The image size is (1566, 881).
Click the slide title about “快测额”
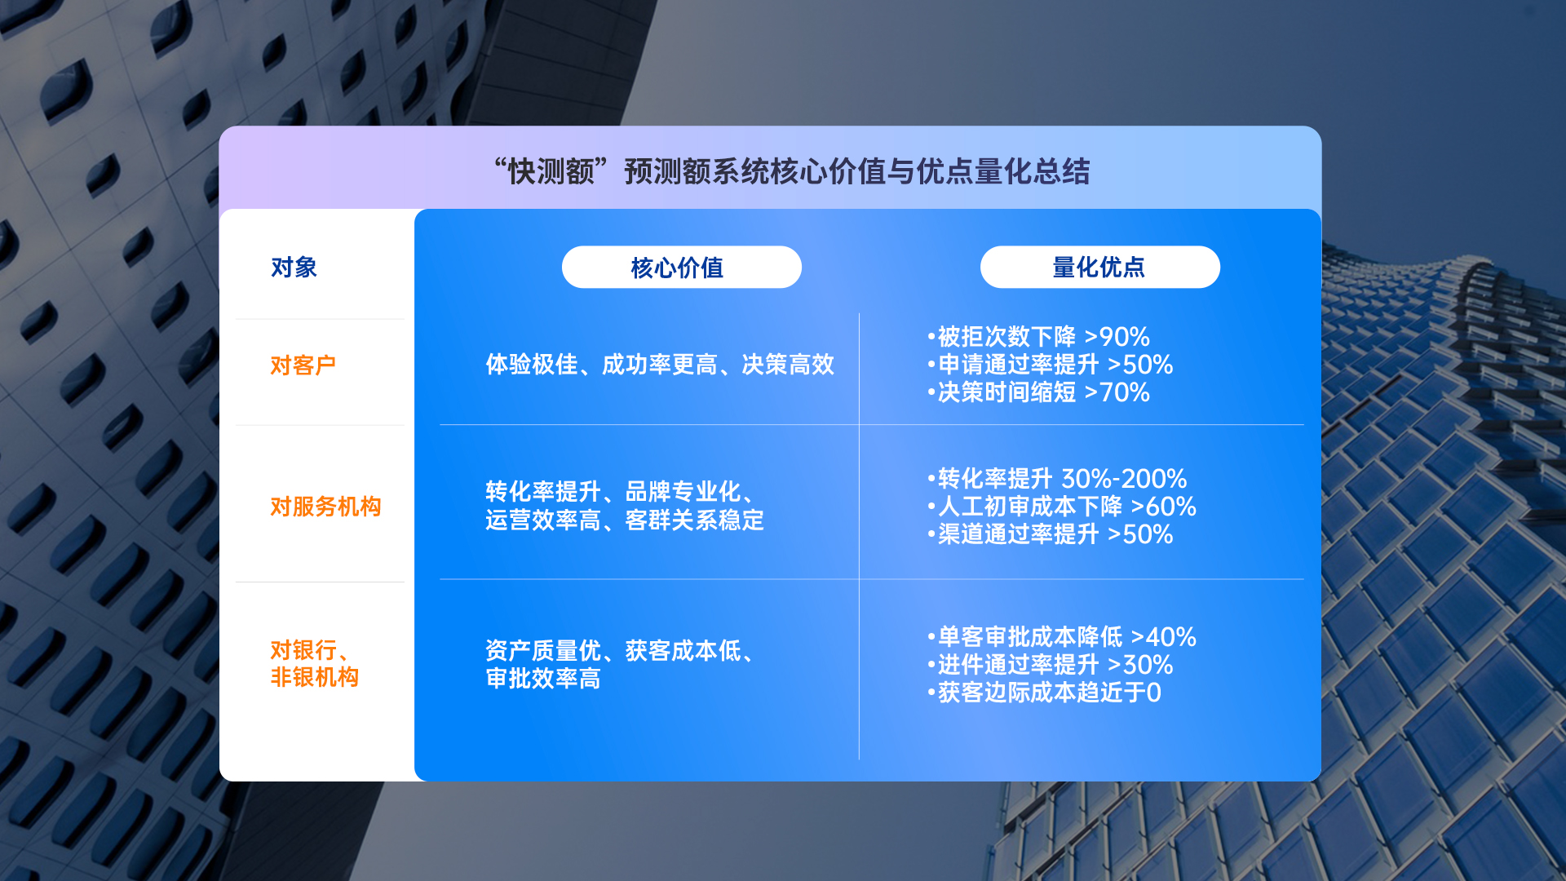[792, 172]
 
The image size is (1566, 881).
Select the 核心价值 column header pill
[682, 267]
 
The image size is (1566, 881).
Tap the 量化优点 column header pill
[1100, 267]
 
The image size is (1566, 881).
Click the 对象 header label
[294, 268]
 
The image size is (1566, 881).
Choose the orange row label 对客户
[303, 365]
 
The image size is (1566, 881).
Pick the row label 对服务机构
[325, 507]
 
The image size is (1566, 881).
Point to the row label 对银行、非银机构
[315, 663]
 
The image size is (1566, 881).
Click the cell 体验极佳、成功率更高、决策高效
[660, 365]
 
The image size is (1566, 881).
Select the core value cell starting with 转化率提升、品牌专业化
[625, 506]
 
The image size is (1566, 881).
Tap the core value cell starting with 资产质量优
[622, 664]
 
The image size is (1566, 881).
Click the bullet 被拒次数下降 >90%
[1038, 337]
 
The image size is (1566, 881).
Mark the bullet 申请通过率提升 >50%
[1050, 365]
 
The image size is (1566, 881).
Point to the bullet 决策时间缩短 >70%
[1038, 392]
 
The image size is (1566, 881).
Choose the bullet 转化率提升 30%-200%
[1057, 479]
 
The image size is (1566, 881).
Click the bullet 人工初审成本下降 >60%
[1062, 507]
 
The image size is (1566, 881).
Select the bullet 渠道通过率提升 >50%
[1050, 534]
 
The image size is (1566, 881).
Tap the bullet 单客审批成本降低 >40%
[1062, 637]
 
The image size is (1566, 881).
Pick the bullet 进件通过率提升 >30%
[1050, 665]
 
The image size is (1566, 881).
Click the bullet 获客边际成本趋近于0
[1044, 693]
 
